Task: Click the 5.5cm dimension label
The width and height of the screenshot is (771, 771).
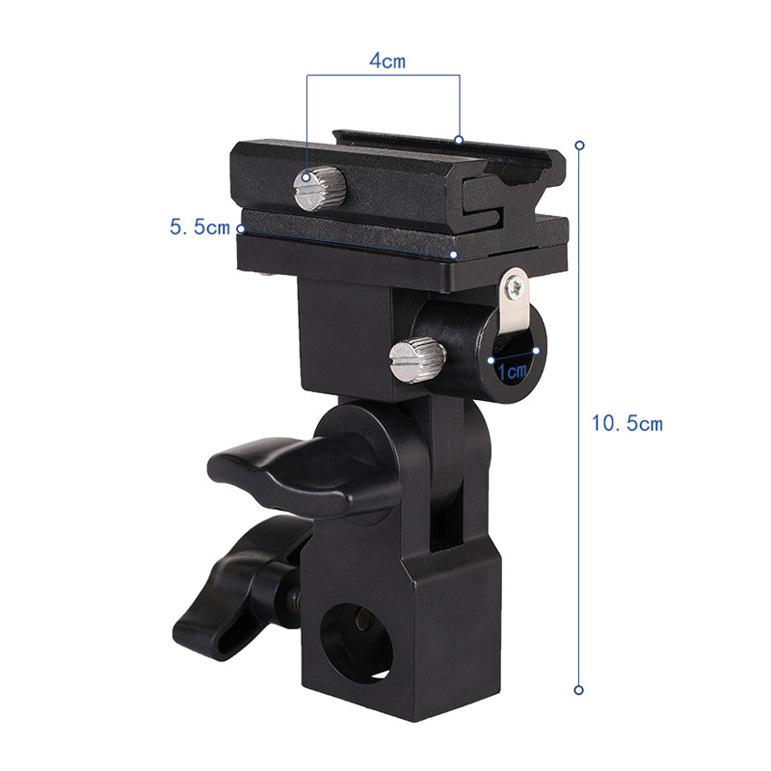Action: click(x=199, y=228)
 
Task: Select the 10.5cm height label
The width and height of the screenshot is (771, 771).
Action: click(x=627, y=423)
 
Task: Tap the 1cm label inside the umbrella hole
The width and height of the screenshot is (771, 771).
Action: click(x=513, y=369)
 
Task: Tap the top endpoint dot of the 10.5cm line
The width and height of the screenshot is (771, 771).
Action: click(x=579, y=146)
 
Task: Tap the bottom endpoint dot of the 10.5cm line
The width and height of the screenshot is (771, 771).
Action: click(x=579, y=690)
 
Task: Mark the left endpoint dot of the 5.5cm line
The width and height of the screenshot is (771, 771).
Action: click(x=241, y=228)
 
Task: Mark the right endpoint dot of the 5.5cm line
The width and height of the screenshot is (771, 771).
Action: click(x=454, y=255)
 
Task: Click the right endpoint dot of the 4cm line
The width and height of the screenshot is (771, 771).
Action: click(x=460, y=140)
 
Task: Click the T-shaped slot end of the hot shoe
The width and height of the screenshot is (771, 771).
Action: click(x=501, y=189)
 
